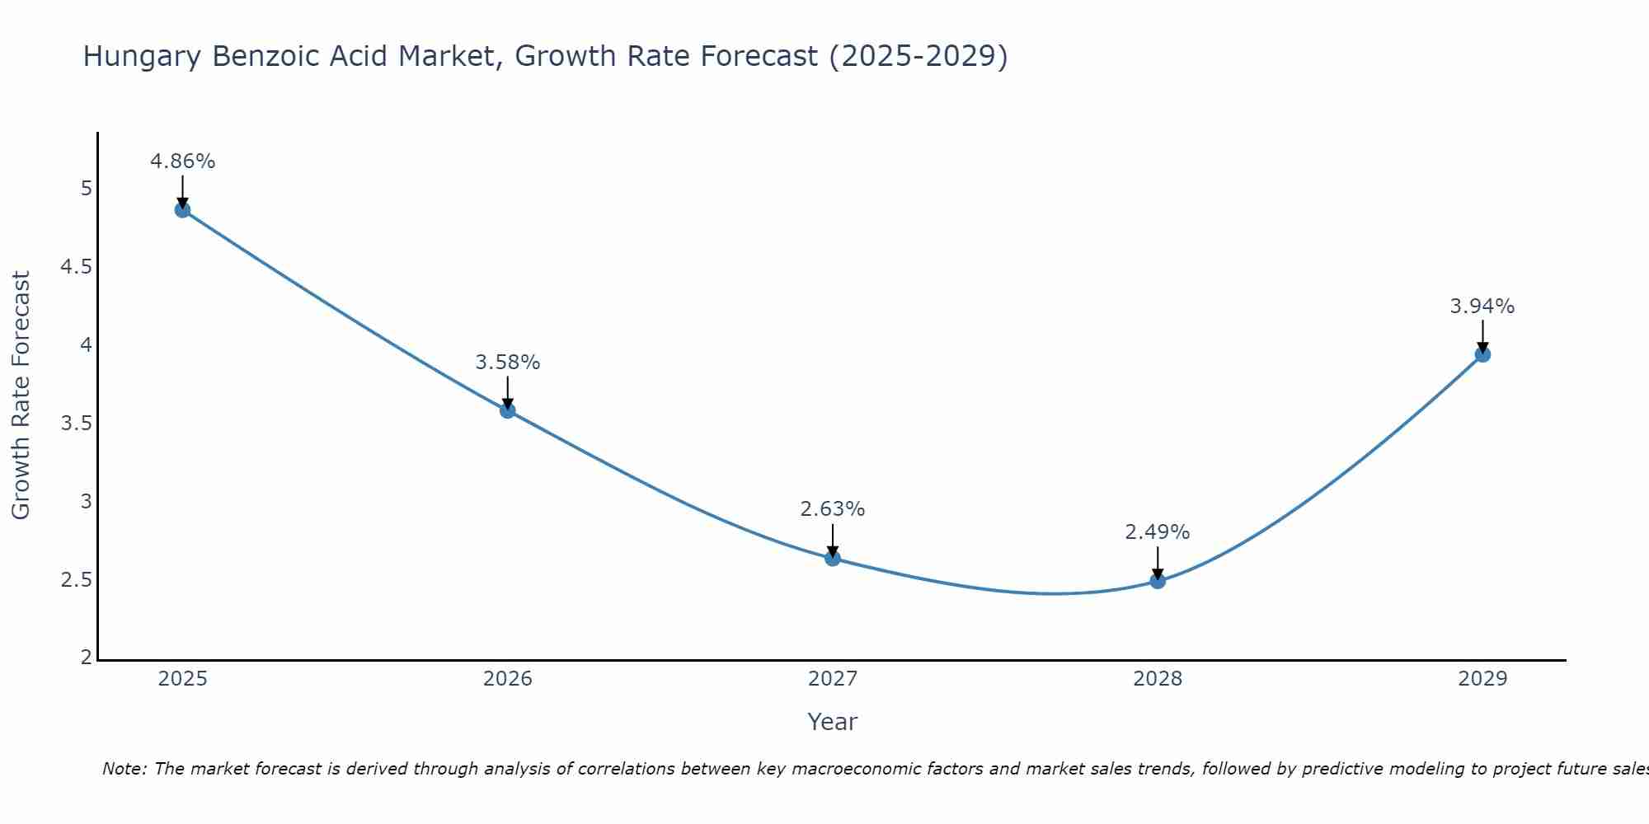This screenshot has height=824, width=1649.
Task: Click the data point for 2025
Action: pyautogui.click(x=182, y=210)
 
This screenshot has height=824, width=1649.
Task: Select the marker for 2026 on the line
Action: pyautogui.click(x=508, y=410)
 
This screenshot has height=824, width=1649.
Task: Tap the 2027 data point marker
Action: pyautogui.click(x=833, y=559)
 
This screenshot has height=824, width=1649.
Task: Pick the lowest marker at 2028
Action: pyautogui.click(x=1158, y=581)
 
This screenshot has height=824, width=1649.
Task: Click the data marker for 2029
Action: pyautogui.click(x=1482, y=355)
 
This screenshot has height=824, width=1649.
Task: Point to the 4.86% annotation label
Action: pyautogui.click(x=182, y=162)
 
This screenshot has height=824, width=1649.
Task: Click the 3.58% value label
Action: pyautogui.click(x=508, y=363)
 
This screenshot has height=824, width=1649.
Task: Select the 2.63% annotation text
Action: pyautogui.click(x=833, y=509)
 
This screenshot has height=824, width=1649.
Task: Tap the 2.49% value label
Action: pyautogui.click(x=1158, y=532)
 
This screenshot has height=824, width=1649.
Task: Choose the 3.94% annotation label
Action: pyautogui.click(x=1482, y=307)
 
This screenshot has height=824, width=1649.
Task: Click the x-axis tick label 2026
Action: pyautogui.click(x=508, y=679)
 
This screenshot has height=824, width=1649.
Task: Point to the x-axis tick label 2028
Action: pyautogui.click(x=1158, y=679)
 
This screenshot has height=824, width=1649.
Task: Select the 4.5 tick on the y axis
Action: pyautogui.click(x=76, y=267)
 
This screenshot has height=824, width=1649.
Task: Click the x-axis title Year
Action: pyautogui.click(x=833, y=722)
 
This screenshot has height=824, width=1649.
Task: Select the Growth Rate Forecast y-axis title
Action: pyautogui.click(x=21, y=396)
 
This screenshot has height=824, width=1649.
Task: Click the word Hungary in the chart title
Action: pyautogui.click(x=143, y=57)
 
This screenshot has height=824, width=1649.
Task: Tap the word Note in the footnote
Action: pyautogui.click(x=123, y=769)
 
